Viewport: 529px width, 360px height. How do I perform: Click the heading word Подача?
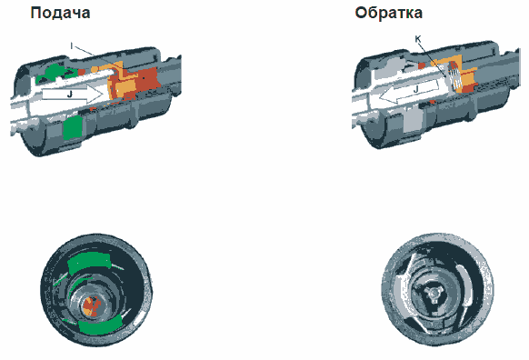pos(60,13)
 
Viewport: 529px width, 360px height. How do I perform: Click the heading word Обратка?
pos(389,13)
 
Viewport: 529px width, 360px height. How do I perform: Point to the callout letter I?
pos(71,45)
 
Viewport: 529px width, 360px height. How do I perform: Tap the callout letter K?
pos(418,39)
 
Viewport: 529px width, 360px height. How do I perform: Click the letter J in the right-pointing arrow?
pos(70,95)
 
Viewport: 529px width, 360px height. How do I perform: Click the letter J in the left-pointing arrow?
pos(416,89)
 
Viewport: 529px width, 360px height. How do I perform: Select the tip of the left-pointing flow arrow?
pos(380,97)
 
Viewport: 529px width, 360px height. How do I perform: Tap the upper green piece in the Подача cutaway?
pos(54,73)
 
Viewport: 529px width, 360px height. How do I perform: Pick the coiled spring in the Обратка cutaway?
pos(456,77)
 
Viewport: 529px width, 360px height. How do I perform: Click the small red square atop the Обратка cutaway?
pos(422,65)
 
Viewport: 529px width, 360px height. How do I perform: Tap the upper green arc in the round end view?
pos(89,262)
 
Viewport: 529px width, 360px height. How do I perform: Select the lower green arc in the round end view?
pos(99,325)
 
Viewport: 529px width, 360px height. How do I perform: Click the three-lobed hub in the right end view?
pos(433,294)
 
